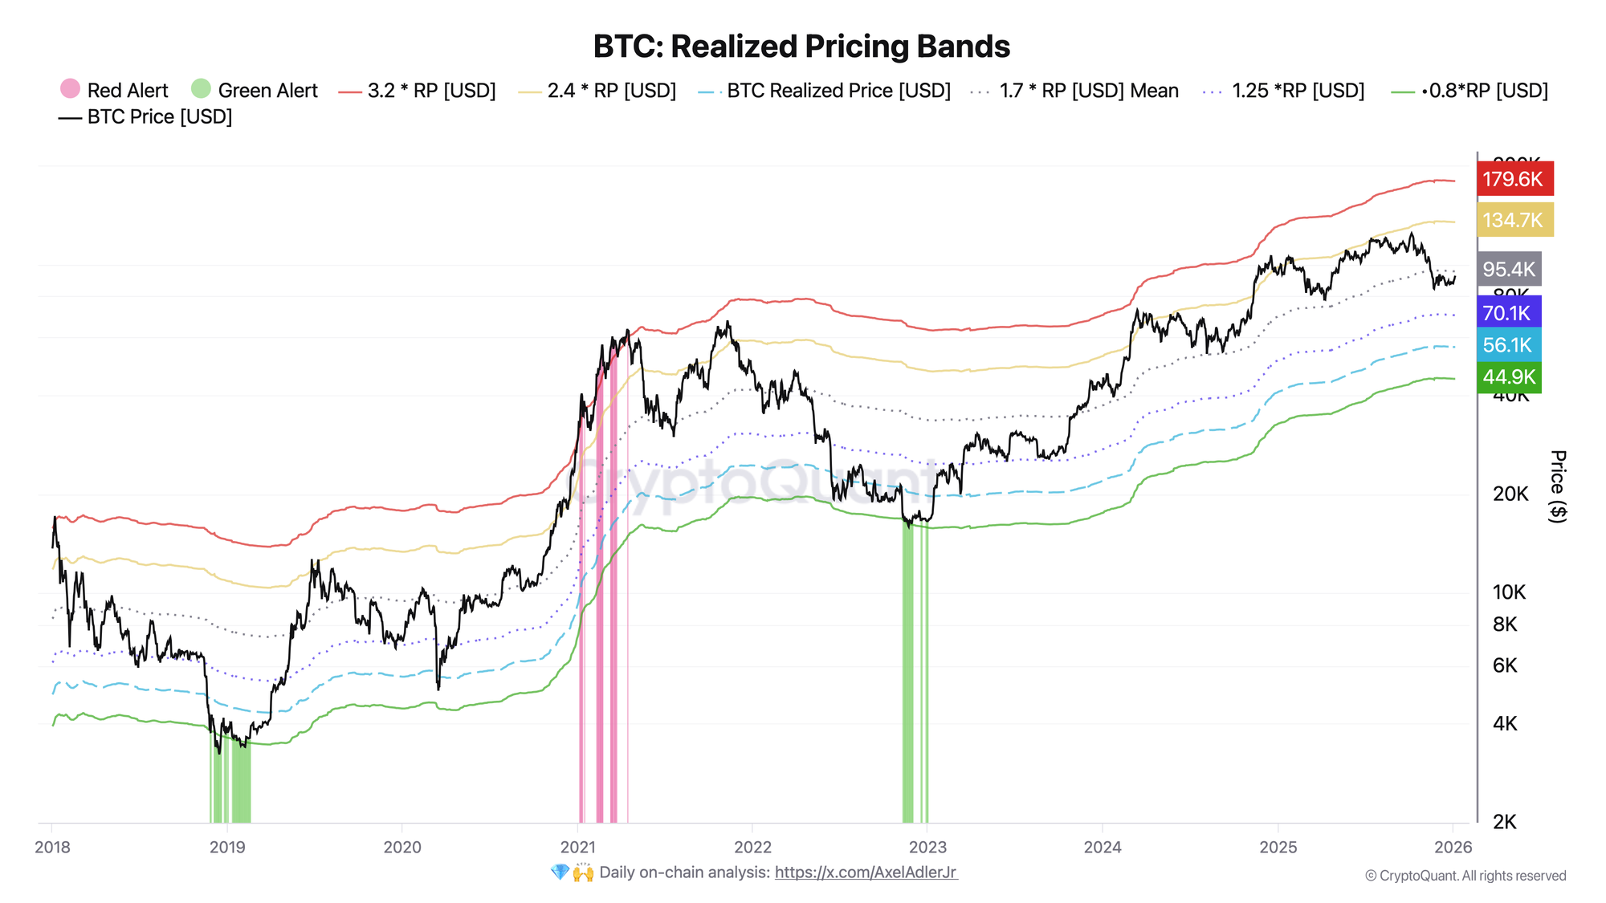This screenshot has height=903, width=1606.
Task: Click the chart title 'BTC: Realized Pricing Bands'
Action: [x=801, y=47]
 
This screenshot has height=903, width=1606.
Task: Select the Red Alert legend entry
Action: [x=114, y=90]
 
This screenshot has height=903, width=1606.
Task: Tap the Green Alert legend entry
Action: [x=255, y=90]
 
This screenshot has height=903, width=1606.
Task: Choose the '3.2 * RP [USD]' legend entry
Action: [x=418, y=91]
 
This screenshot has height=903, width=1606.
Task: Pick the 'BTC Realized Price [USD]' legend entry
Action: [x=825, y=91]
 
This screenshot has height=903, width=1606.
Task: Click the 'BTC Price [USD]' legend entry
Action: [x=145, y=117]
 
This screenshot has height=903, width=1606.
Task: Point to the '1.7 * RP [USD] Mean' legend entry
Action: [x=1075, y=91]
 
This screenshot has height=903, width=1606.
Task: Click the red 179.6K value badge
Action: [x=1514, y=179]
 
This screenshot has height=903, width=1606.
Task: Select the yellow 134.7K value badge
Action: [x=1514, y=220]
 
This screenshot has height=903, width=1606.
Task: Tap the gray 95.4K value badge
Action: [x=1509, y=269]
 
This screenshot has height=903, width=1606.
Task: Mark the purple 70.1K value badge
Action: [x=1507, y=313]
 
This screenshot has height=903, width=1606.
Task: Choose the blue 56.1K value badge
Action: [x=1507, y=345]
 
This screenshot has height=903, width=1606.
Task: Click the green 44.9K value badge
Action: [x=1508, y=376]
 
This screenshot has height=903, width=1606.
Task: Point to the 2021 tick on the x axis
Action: [x=577, y=847]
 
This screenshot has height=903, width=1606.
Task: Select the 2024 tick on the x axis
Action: [x=1103, y=847]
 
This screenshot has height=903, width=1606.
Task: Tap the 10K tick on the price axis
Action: [x=1509, y=592]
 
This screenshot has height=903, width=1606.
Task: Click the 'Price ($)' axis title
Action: [x=1557, y=486]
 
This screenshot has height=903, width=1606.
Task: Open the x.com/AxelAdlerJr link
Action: [x=866, y=872]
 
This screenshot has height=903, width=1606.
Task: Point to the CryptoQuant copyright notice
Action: [x=1465, y=876]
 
